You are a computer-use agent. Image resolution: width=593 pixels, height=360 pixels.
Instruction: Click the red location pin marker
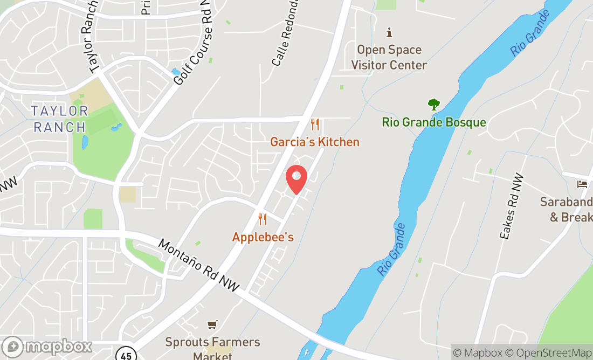tap(296, 179)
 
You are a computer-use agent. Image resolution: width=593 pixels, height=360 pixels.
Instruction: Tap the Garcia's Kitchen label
tap(315, 142)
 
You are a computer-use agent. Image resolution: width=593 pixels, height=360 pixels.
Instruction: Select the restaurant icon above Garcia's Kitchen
tap(315, 125)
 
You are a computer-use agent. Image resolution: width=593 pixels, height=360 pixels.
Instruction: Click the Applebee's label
tap(263, 237)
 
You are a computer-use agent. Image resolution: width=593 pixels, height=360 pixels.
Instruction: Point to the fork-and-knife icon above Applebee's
tap(263, 219)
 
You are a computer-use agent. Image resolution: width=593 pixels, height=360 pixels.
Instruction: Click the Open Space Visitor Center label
tap(389, 57)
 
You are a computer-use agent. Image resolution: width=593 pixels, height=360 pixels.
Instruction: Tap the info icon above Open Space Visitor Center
tap(389, 32)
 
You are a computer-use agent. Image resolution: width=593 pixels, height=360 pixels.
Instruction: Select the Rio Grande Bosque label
tap(434, 122)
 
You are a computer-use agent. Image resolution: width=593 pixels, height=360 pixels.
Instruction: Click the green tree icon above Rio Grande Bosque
tap(433, 104)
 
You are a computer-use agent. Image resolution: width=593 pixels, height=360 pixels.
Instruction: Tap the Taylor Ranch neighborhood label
tap(59, 119)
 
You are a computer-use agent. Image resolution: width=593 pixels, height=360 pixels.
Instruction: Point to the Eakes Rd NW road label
tap(511, 206)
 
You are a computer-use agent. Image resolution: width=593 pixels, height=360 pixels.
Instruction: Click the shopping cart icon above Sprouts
tap(212, 324)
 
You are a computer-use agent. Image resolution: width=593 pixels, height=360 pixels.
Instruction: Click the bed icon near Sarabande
tap(582, 184)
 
